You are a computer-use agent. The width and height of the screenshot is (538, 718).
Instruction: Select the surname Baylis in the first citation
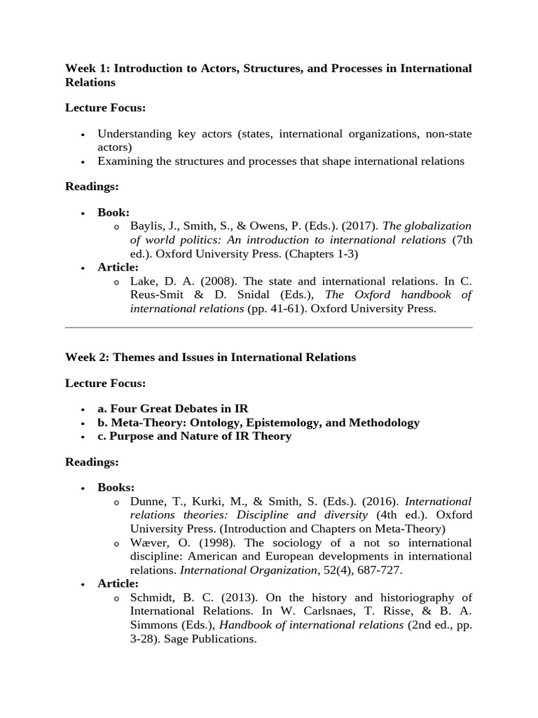[148, 226]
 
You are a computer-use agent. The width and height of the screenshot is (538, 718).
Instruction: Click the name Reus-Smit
[158, 295]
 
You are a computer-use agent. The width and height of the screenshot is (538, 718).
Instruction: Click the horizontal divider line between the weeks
[269, 327]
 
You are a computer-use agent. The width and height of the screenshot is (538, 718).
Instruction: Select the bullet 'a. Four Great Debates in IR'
[172, 409]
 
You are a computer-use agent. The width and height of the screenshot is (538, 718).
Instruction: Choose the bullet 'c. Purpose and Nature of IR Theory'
[194, 436]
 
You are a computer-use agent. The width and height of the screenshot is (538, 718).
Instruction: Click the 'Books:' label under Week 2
[116, 487]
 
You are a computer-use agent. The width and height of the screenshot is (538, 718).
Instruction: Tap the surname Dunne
[148, 501]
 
